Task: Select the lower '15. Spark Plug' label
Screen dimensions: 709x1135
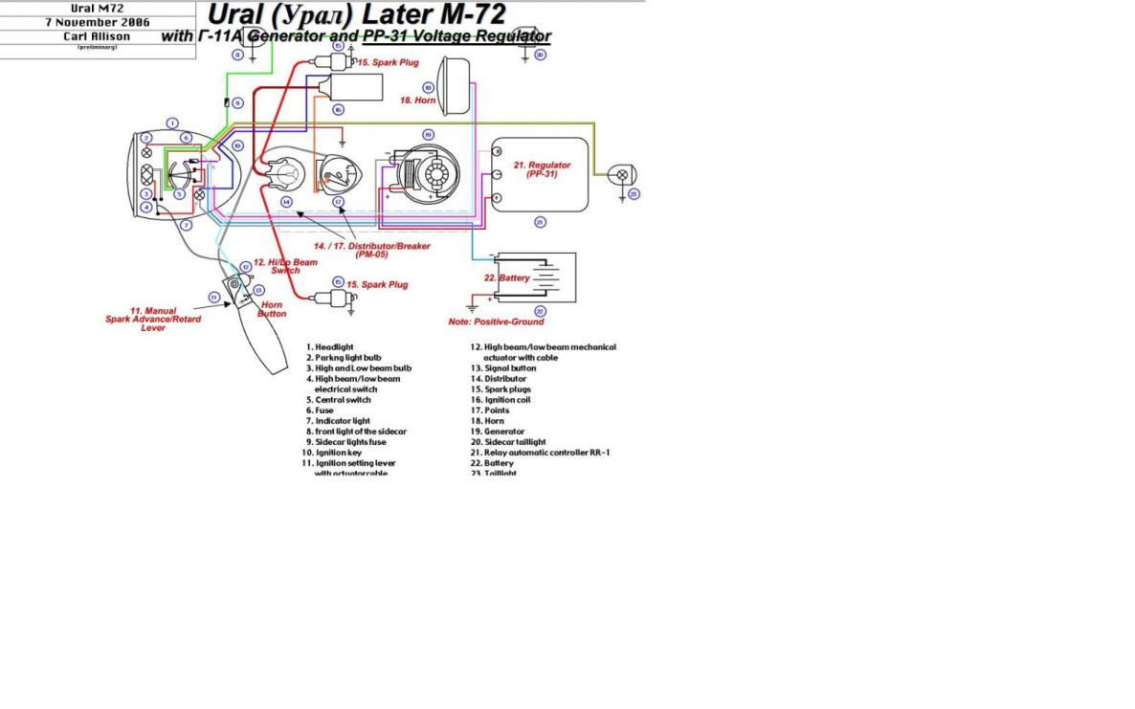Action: point(377,285)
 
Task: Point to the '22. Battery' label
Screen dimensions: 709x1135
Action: point(507,278)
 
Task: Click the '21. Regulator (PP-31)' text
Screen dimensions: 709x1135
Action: point(542,169)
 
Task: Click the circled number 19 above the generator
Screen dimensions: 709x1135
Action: point(428,135)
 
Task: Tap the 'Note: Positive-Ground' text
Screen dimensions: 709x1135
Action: point(496,321)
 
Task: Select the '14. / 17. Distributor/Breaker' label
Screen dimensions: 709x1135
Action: point(371,250)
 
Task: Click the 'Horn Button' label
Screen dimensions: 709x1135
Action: point(273,309)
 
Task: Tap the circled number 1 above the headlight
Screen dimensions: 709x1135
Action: point(171,122)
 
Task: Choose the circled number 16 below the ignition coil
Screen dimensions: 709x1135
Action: point(338,110)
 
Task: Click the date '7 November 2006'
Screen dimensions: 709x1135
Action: point(98,22)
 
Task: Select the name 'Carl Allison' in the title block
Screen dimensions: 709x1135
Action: point(98,36)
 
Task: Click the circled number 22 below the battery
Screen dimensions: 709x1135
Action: point(540,312)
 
